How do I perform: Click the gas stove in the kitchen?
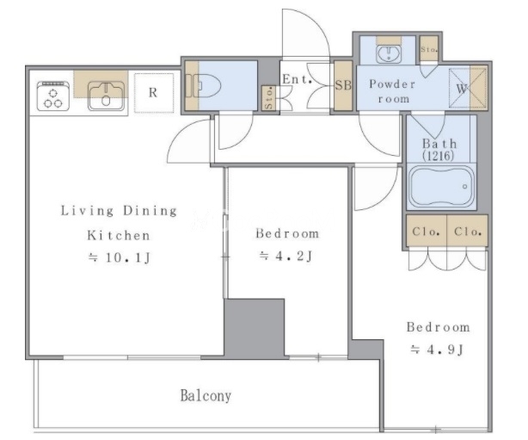click(53, 96)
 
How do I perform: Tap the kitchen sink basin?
click(106, 96)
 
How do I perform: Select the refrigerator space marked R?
click(154, 93)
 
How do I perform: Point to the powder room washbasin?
click(389, 53)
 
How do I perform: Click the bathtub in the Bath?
click(441, 187)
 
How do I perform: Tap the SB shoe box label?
click(343, 85)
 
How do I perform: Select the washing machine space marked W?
click(461, 89)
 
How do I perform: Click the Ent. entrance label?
click(297, 79)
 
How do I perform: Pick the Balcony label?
click(206, 395)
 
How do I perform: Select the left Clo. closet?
click(427, 231)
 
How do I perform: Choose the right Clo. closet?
click(468, 231)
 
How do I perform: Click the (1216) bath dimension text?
click(439, 156)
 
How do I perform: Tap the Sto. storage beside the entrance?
click(268, 98)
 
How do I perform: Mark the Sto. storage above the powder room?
click(428, 49)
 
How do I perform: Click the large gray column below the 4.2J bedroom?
click(255, 328)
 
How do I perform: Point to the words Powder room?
click(393, 91)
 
